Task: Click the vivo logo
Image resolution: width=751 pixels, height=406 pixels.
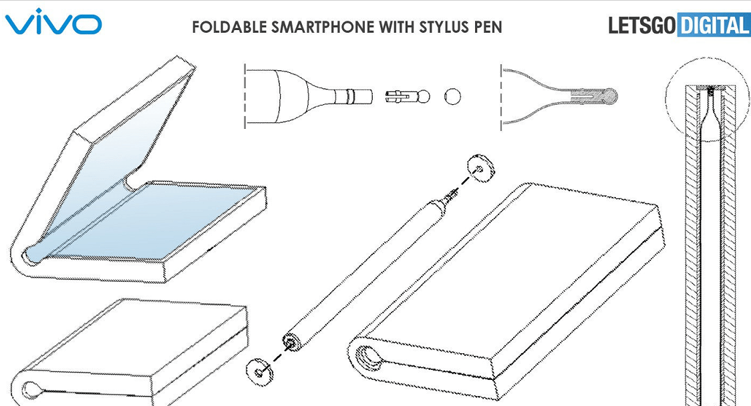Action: tap(53, 21)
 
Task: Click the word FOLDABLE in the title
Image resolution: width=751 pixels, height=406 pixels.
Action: tap(229, 27)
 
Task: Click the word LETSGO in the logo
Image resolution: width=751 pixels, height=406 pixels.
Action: tap(642, 25)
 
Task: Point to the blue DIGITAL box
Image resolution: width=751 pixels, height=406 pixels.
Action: tap(714, 25)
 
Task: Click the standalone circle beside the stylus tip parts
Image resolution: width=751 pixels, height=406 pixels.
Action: tap(452, 97)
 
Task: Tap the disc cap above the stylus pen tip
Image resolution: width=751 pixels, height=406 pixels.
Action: tap(480, 168)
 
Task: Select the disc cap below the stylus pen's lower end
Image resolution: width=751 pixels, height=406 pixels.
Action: tap(259, 371)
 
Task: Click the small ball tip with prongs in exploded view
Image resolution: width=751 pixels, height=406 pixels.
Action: tap(408, 97)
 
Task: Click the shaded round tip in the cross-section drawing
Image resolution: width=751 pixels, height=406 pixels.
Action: tap(610, 97)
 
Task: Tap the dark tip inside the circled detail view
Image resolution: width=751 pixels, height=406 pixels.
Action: tap(711, 89)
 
